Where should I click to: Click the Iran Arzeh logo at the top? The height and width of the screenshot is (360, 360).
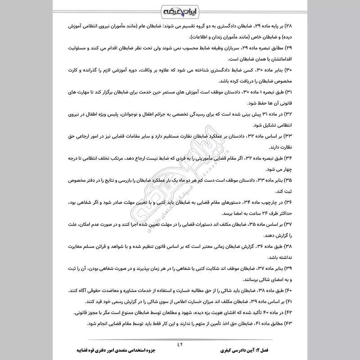click(x=180, y=10)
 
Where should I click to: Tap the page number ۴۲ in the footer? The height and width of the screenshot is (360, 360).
click(x=180, y=345)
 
